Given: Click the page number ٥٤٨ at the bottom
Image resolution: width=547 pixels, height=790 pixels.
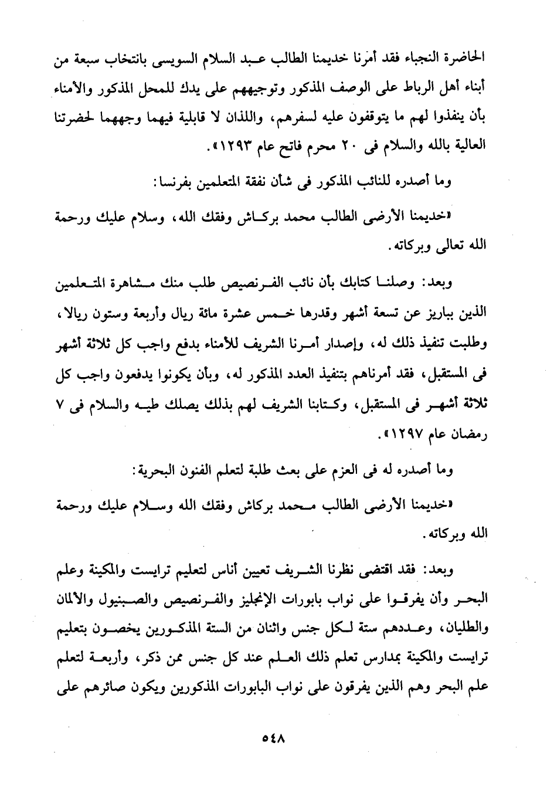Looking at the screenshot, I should (x=273, y=738).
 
